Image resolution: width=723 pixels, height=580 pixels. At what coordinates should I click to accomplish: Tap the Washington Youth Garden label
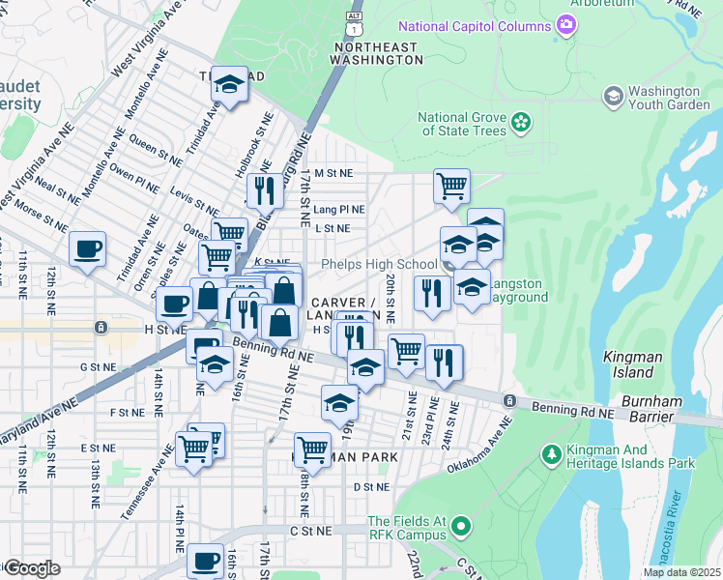coord(669,97)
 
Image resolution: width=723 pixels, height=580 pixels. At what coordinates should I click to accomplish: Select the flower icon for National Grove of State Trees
coord(521,122)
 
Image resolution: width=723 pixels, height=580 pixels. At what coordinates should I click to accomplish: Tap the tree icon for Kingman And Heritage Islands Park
coord(552,453)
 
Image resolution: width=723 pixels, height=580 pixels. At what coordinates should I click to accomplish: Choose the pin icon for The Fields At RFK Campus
coord(461,527)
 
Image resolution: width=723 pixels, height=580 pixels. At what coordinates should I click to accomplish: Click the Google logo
coord(32,568)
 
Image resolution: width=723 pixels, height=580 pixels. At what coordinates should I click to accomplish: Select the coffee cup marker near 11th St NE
coord(88,249)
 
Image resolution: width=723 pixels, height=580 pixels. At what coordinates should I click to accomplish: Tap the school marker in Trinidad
coord(230,84)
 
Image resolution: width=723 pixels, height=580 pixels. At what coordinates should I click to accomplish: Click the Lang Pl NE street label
coord(339,209)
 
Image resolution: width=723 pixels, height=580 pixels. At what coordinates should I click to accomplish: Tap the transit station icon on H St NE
coord(100,328)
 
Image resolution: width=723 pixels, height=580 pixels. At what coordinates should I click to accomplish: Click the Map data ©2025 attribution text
coord(680,572)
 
